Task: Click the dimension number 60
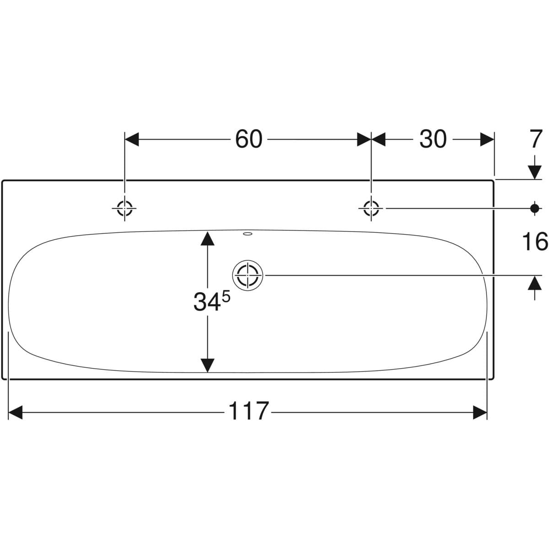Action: click(x=248, y=140)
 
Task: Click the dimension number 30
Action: click(x=433, y=140)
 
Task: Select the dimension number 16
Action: click(x=535, y=242)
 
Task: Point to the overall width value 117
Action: click(x=249, y=411)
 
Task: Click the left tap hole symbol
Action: click(x=124, y=208)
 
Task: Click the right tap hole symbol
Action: click(x=371, y=208)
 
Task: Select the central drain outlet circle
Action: click(x=248, y=275)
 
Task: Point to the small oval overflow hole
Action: click(x=248, y=234)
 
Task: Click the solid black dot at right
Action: click(x=534, y=208)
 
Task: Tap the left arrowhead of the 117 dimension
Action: click(x=16, y=412)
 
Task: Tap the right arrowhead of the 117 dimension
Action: click(x=480, y=412)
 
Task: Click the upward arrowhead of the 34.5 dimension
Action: click(x=207, y=239)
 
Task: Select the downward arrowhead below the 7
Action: click(x=534, y=172)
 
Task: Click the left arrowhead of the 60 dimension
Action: click(x=132, y=140)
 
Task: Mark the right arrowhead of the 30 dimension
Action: click(x=487, y=140)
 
